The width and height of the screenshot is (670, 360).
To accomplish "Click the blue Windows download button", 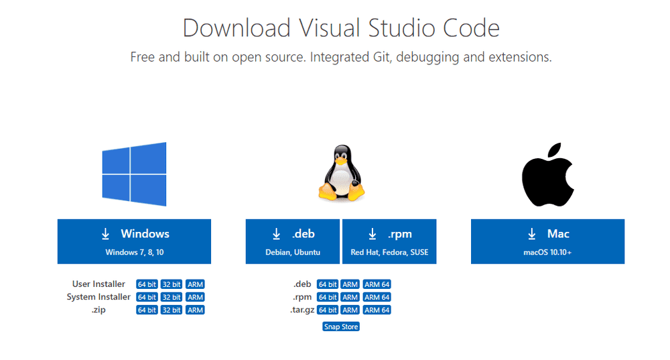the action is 134,241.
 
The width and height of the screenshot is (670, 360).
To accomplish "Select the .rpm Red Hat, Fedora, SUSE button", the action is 389,241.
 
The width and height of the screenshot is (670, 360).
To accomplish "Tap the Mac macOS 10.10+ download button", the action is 547,241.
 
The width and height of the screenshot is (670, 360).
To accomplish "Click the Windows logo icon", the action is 134,174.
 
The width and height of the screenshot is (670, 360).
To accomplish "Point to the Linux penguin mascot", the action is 342,173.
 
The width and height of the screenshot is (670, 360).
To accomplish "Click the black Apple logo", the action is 548,174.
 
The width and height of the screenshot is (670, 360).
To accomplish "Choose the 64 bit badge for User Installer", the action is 147,284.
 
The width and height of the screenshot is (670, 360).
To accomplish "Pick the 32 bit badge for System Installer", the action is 172,297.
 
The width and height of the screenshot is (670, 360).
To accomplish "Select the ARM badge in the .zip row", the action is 195,310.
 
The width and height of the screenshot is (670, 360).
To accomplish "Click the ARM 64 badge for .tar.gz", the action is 377,310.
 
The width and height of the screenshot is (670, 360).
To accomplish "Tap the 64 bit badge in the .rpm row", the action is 328,297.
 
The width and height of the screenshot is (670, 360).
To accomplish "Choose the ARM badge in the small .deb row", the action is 350,284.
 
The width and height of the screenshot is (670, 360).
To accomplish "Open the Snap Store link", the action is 341,326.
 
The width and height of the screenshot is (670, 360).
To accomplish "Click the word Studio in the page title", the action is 401,28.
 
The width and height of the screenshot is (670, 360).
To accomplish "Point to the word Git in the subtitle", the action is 381,57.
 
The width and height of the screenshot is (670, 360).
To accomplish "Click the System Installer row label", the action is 98,297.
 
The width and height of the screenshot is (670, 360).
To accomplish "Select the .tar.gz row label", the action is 302,310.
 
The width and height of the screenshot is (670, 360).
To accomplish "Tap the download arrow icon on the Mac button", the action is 531,234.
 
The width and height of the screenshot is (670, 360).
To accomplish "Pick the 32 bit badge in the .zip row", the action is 172,310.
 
